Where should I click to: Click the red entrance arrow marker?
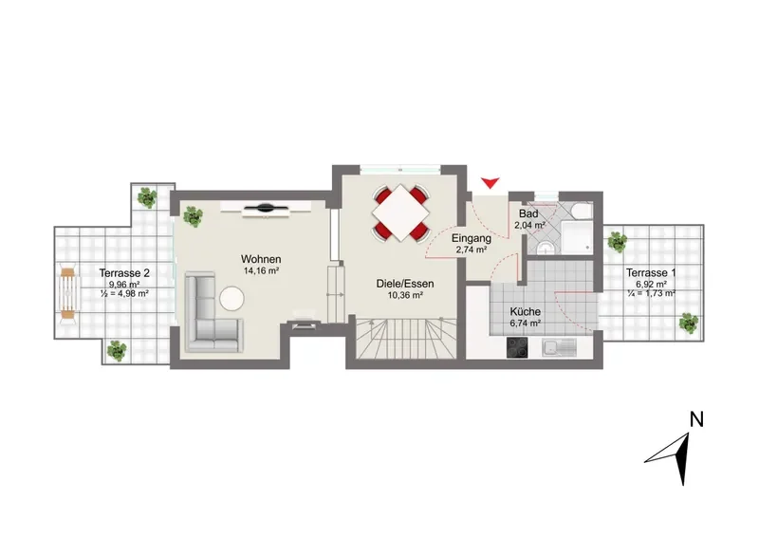click(490, 182)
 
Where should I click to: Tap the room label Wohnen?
click(261, 259)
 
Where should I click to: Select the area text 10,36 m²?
click(405, 295)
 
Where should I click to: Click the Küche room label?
click(526, 312)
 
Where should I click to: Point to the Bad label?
click(528, 214)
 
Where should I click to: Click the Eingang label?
click(472, 238)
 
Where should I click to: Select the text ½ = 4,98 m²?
click(124, 293)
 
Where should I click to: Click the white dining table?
click(400, 213)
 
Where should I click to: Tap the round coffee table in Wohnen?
click(231, 298)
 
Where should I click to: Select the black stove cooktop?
click(518, 347)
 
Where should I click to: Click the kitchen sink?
click(560, 347)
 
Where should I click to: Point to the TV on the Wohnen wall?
click(266, 209)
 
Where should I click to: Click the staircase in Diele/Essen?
click(406, 338)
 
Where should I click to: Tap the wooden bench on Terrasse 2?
click(68, 293)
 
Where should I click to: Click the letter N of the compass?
click(696, 419)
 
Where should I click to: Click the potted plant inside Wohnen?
click(193, 216)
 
